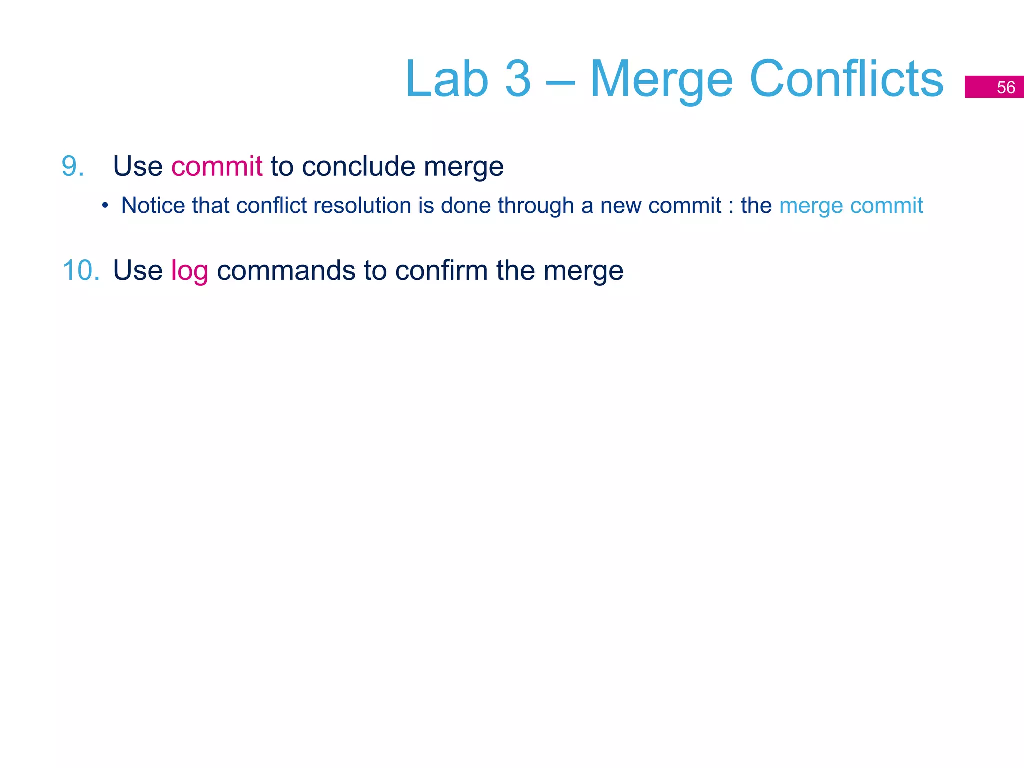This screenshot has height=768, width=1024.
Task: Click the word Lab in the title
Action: (446, 79)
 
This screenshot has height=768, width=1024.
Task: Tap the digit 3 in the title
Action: (518, 79)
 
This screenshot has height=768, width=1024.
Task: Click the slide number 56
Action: (1006, 87)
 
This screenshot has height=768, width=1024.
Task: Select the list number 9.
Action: (73, 166)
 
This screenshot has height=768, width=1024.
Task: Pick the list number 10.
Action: (81, 270)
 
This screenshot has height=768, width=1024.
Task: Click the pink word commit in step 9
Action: (216, 166)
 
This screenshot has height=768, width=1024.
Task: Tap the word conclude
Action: (358, 166)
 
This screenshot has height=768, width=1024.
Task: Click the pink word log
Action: (189, 271)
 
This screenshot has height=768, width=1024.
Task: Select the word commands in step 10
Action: (286, 270)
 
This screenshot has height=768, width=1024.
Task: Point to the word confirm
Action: (441, 270)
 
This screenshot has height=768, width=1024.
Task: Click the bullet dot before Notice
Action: (105, 205)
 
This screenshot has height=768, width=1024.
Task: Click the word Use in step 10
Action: (138, 270)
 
